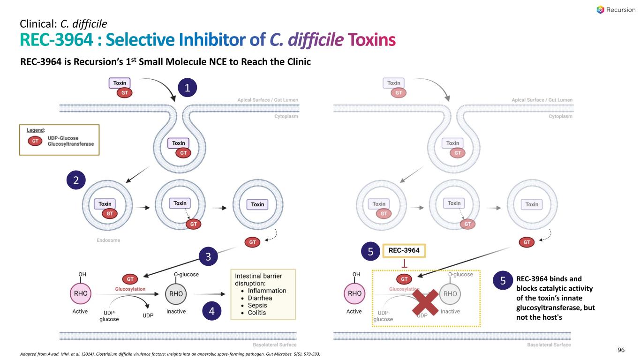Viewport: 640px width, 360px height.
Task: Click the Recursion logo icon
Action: [600, 10]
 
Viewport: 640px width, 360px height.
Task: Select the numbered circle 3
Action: [207, 257]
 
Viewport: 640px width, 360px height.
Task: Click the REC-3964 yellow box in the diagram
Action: [404, 251]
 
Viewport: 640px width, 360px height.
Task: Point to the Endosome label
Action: [109, 240]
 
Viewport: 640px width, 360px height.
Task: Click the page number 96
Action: [621, 350]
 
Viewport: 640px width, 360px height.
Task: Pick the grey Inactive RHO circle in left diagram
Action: [176, 294]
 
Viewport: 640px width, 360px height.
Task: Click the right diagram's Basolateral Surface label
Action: [549, 345]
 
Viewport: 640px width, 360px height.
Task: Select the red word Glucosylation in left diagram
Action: [130, 289]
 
